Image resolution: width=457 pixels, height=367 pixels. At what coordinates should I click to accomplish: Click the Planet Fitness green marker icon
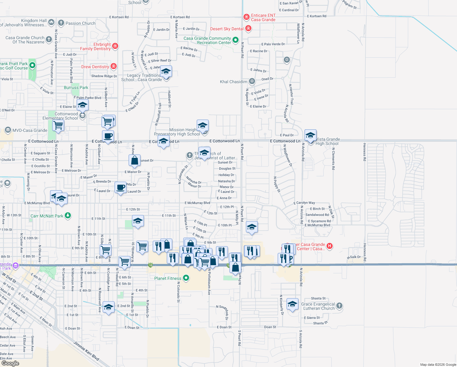[x=186, y=278]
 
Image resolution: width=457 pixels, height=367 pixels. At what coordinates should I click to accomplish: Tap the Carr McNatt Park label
[x=47, y=216]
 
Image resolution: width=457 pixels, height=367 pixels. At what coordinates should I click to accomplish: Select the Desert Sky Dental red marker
[x=248, y=29]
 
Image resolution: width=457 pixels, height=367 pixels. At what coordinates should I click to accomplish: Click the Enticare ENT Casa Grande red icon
[x=247, y=17]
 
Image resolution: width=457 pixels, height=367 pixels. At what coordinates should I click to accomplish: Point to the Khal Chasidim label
[x=233, y=82]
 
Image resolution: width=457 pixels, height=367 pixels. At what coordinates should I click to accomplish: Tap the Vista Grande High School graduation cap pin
[x=310, y=135]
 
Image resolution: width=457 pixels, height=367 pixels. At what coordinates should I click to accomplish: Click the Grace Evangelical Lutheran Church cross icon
[x=339, y=306]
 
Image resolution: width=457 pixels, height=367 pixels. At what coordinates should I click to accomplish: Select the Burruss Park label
[x=76, y=87]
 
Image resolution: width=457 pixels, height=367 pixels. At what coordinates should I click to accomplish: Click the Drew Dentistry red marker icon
[x=114, y=66]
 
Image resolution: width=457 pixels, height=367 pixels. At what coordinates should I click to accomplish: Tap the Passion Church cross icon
[x=61, y=23]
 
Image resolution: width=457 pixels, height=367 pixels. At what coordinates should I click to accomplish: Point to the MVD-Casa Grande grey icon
[x=8, y=130]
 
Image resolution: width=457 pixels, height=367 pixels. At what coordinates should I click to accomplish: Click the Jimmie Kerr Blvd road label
[x=86, y=351]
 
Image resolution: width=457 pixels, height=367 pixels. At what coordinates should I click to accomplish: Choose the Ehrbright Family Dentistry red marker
[x=115, y=46]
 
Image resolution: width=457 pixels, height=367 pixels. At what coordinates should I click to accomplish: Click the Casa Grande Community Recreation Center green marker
[x=236, y=40]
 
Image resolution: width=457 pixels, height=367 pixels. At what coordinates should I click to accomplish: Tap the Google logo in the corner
[x=10, y=363]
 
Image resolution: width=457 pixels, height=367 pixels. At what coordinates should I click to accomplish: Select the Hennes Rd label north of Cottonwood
[x=364, y=152]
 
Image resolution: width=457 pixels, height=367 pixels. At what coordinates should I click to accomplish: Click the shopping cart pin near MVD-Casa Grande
[x=58, y=125]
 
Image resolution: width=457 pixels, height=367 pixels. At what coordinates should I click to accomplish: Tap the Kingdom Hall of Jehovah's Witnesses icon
[x=51, y=22]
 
